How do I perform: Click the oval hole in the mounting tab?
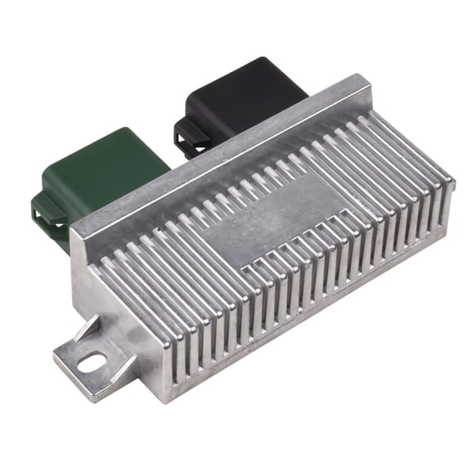(92, 359)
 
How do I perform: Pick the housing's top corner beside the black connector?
(365, 79)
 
